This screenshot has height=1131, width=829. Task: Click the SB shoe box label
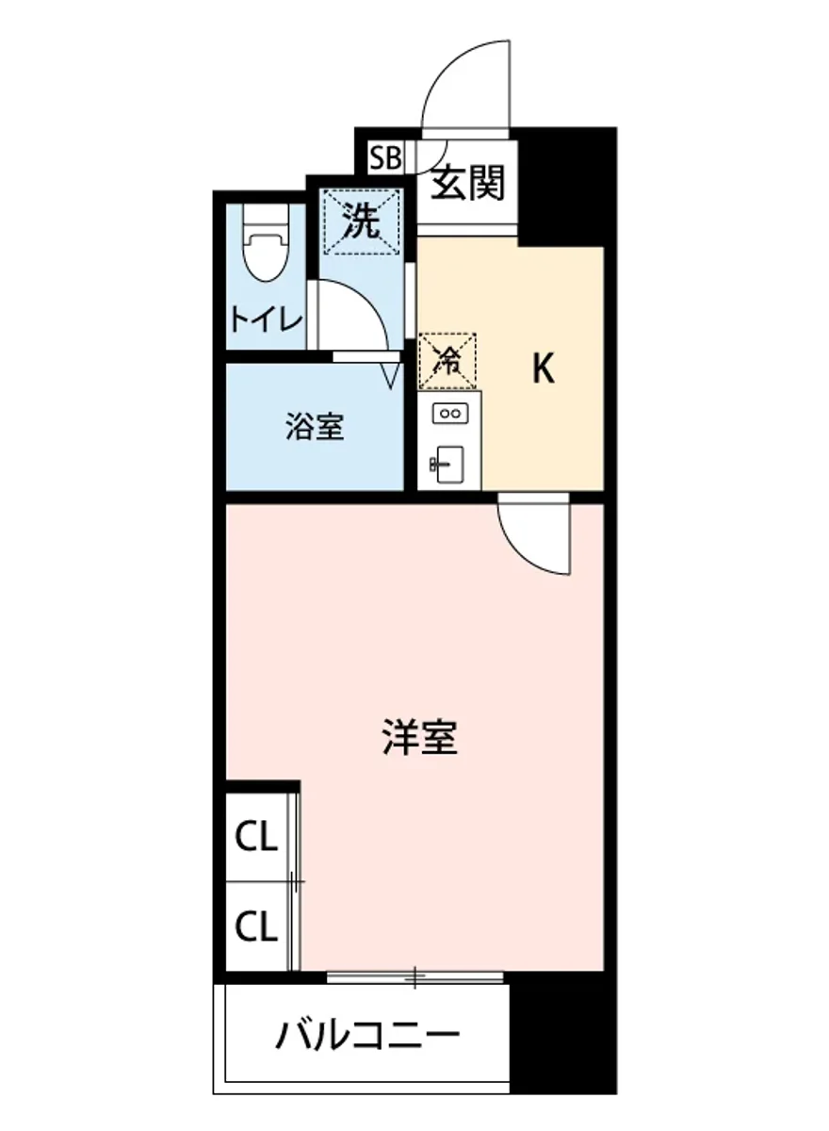[383, 157]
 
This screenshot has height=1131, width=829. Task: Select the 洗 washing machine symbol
[363, 221]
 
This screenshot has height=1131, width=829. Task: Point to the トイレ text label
[267, 320]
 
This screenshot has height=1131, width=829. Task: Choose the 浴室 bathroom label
[315, 428]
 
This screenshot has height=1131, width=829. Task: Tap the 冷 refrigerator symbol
[448, 359]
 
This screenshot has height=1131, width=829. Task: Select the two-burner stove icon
[449, 412]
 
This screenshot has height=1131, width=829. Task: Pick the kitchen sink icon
[448, 465]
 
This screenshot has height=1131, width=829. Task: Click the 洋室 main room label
[420, 738]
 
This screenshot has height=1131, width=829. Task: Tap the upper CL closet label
[256, 837]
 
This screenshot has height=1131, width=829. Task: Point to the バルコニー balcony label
[367, 1038]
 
